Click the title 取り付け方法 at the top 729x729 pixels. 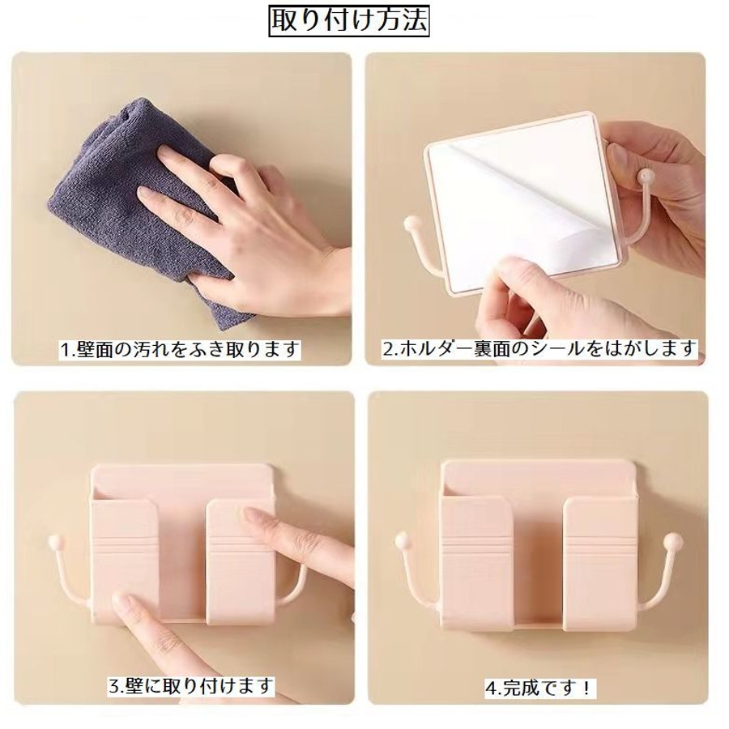pyautogui.click(x=349, y=21)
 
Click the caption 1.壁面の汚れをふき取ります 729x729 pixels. pyautogui.click(x=180, y=348)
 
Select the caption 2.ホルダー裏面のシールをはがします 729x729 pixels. pyautogui.click(x=539, y=347)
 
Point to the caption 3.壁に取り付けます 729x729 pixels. pyautogui.click(x=191, y=686)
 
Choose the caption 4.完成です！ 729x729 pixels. pyautogui.click(x=539, y=688)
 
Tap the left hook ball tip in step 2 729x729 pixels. pyautogui.click(x=411, y=224)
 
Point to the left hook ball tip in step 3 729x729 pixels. pyautogui.click(x=54, y=542)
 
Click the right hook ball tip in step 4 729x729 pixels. pyautogui.click(x=675, y=539)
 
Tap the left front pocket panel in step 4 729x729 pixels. pyautogui.click(x=475, y=563)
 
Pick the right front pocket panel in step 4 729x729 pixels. pyautogui.click(x=599, y=563)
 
